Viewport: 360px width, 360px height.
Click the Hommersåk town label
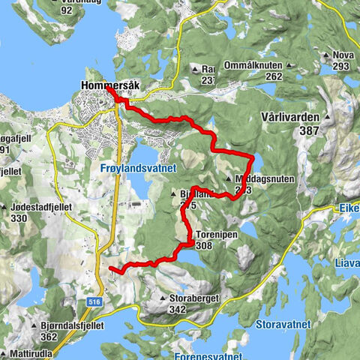pos(109,85)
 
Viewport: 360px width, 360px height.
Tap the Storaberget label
pos(193,298)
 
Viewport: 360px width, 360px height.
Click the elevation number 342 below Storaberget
pos(178,308)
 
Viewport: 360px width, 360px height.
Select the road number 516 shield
pos(92,280)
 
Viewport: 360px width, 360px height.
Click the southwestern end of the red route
pos(111,268)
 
